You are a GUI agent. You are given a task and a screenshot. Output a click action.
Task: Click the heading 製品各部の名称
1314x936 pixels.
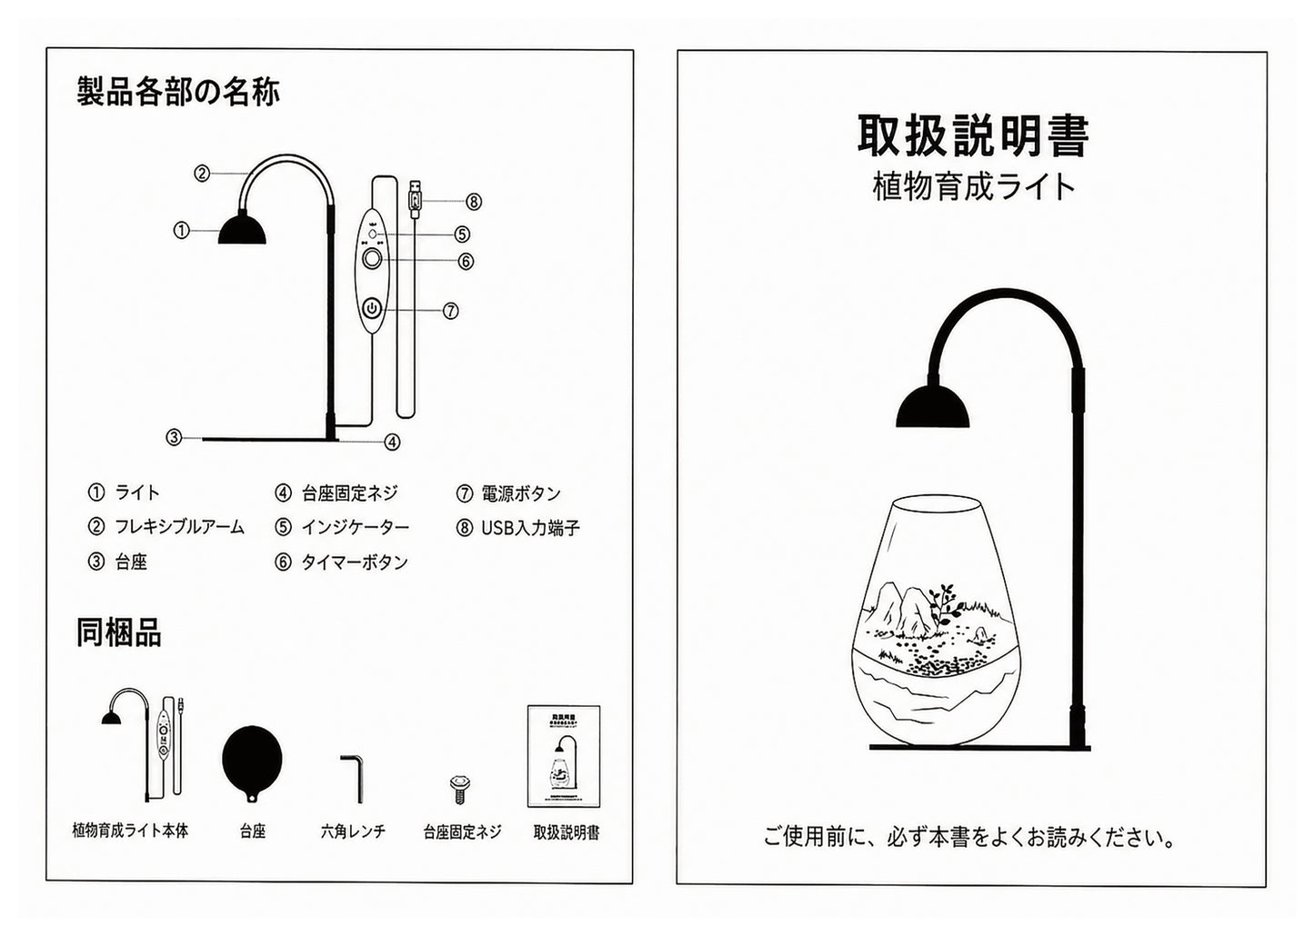pos(178,92)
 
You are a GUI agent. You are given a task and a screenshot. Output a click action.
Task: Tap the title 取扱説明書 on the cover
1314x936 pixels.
pos(973,136)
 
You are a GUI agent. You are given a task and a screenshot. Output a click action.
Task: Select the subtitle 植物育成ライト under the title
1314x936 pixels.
pos(973,187)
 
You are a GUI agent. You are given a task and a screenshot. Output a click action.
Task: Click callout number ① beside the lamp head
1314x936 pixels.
pos(181,230)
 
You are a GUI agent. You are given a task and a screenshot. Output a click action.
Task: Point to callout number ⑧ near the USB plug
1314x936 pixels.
pos(474,203)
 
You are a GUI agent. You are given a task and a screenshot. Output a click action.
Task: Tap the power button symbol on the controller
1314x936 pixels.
pos(373,308)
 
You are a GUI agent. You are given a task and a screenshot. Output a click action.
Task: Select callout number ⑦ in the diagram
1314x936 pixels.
pos(450,311)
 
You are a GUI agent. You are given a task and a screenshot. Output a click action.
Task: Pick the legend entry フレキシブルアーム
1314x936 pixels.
pos(179,527)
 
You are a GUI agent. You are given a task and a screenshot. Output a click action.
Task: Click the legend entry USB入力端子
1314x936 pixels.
pos(530,528)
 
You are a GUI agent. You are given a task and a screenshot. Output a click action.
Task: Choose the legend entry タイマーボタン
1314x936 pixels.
pos(355,563)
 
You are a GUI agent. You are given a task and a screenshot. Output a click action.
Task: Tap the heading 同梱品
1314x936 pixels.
pos(118,632)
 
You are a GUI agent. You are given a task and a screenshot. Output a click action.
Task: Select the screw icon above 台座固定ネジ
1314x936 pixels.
pos(461,790)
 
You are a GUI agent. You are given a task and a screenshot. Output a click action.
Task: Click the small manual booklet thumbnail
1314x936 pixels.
pos(564,756)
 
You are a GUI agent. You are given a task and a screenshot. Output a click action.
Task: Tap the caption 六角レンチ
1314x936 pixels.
pos(353,831)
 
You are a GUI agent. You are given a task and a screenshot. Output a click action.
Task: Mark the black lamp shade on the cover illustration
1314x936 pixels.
pos(933,406)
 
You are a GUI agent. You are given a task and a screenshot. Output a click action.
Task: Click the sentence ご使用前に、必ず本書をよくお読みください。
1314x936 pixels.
pos(970,837)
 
